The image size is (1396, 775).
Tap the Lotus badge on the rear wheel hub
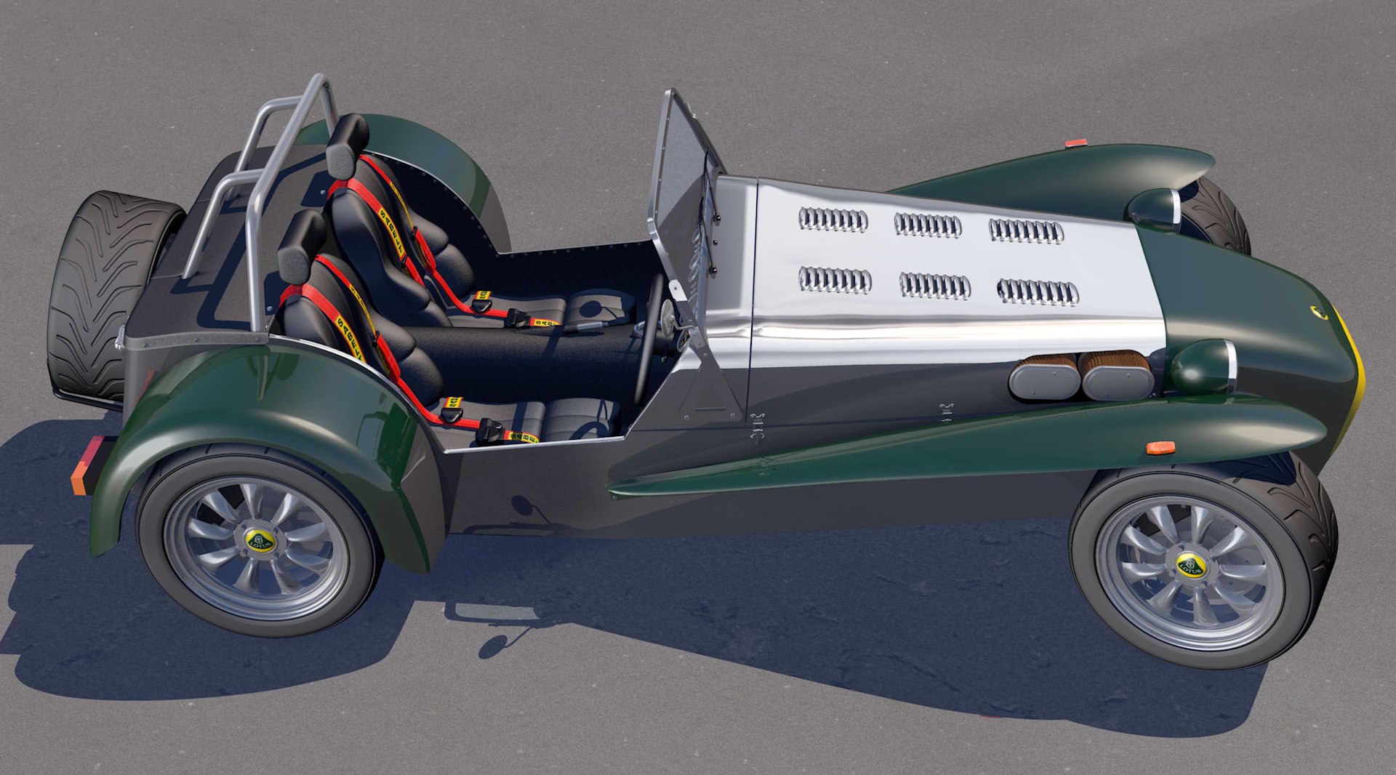click(260, 541)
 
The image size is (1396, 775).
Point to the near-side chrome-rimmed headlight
click(1203, 366)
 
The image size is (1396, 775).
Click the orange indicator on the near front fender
click(1160, 447)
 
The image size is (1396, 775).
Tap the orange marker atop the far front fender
click(1075, 143)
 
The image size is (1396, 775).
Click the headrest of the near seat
click(301, 246)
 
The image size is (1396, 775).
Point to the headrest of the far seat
click(347, 145)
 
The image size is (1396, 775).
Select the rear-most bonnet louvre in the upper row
click(833, 220)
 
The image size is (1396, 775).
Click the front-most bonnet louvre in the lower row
click(1038, 292)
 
